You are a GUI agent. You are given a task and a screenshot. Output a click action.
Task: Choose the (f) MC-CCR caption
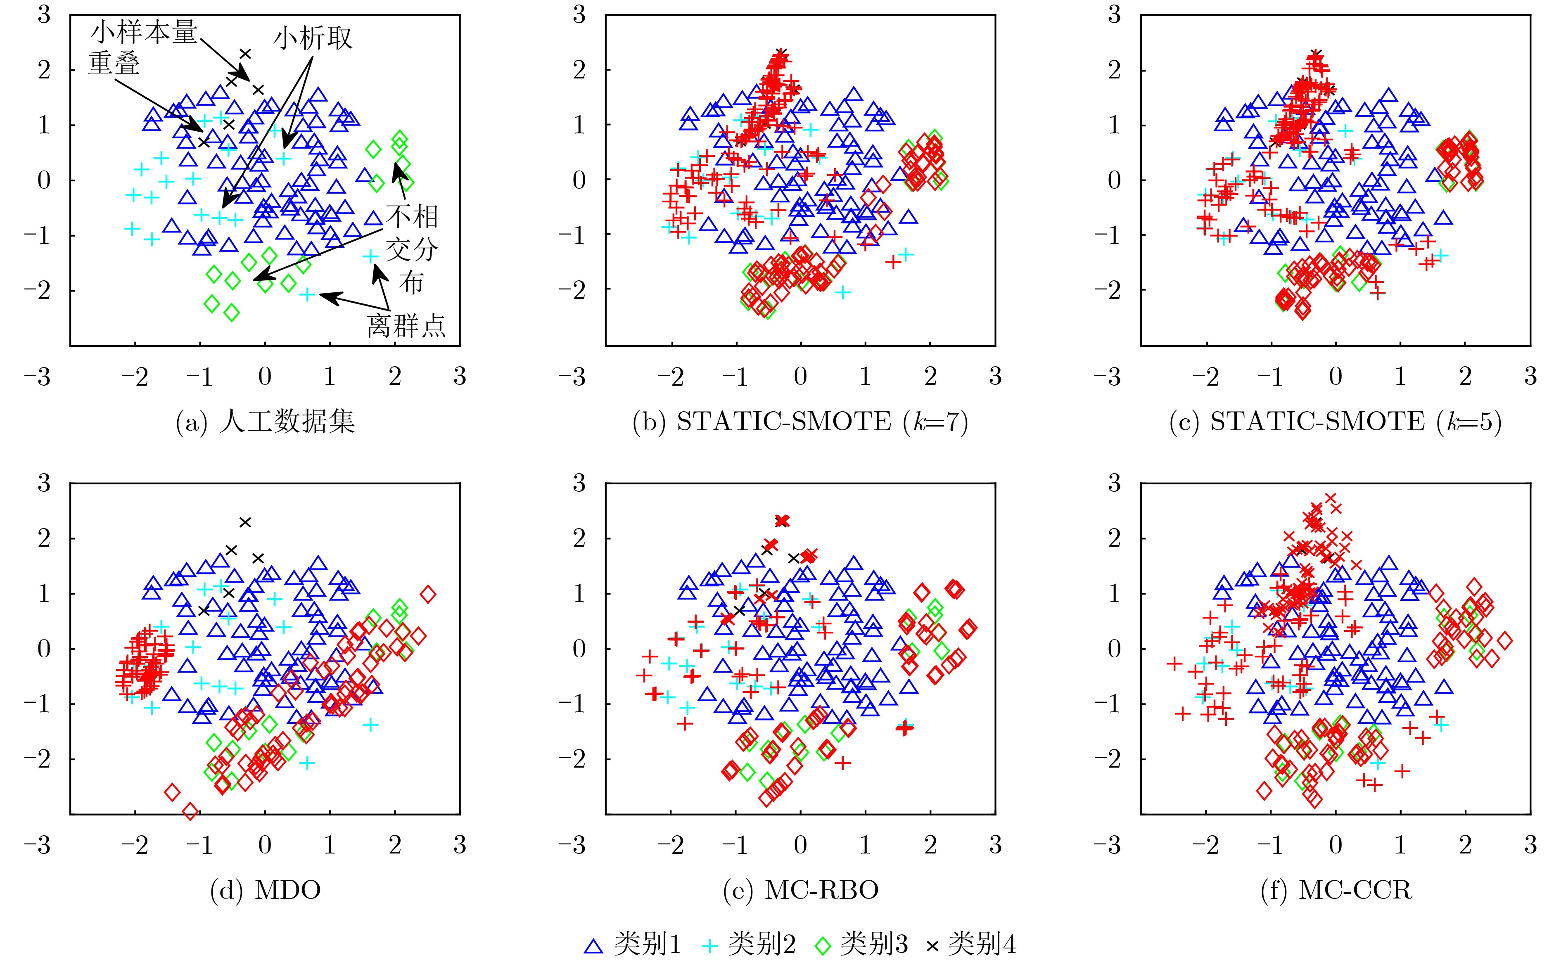pyautogui.click(x=1336, y=890)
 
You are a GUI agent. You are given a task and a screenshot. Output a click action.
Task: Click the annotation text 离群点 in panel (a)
pyautogui.click(x=406, y=326)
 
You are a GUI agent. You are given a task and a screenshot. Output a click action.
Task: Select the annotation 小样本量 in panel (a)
pyautogui.click(x=144, y=32)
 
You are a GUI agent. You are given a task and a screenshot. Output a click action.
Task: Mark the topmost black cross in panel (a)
pyautogui.click(x=245, y=54)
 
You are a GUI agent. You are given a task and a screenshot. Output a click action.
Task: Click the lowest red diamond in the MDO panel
pyautogui.click(x=190, y=811)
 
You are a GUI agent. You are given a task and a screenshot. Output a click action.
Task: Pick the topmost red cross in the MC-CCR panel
pyautogui.click(x=1331, y=498)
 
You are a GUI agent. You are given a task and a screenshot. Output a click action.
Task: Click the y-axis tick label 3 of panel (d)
pyautogui.click(x=43, y=483)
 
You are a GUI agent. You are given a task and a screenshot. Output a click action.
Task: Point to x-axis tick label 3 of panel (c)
pyautogui.click(x=1530, y=377)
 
